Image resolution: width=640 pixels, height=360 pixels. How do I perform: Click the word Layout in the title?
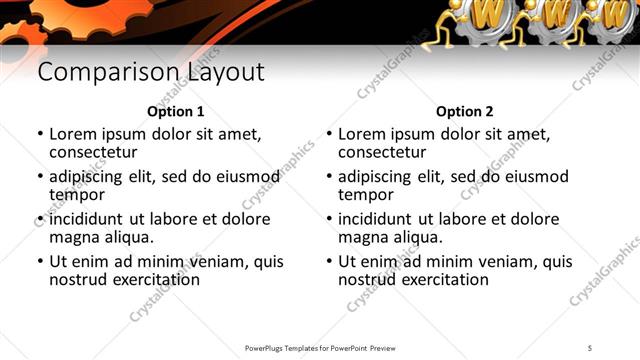226,73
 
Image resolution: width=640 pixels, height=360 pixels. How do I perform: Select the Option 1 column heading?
175,112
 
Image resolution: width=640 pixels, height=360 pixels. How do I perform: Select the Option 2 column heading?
465,112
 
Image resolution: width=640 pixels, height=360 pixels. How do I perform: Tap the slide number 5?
591,347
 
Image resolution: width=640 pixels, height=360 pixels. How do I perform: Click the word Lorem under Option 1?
74,134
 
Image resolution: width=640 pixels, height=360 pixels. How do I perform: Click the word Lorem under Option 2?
363,134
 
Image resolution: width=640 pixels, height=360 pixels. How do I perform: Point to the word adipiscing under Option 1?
86,177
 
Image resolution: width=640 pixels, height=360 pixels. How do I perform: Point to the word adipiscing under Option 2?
375,177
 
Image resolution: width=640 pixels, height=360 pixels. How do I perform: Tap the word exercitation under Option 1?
156,279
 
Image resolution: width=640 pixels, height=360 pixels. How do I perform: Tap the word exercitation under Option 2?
445,279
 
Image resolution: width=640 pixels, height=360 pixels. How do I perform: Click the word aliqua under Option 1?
129,237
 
